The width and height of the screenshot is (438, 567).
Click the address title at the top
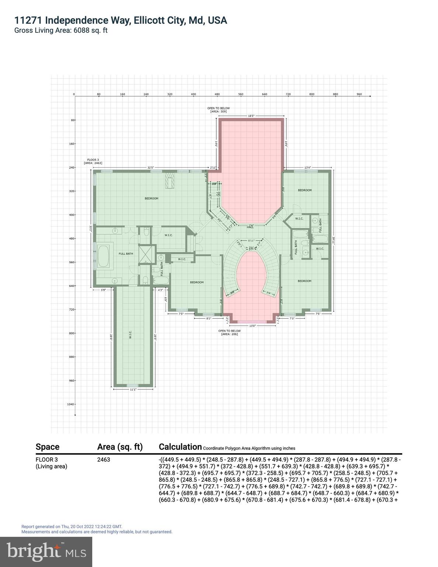pyautogui.click(x=121, y=20)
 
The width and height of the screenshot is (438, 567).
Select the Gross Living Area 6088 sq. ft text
pyautogui.click(x=61, y=31)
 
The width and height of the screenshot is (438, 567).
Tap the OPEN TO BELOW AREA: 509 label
pyautogui.click(x=218, y=110)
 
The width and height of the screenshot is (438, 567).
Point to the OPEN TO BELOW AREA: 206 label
pyautogui.click(x=229, y=332)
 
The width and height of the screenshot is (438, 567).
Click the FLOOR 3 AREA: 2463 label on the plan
pyautogui.click(x=93, y=161)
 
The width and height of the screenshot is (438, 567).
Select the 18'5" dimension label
pyautogui.click(x=251, y=116)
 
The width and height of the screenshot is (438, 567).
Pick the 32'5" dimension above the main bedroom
pyautogui.click(x=151, y=168)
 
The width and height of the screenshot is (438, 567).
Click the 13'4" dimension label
pyautogui.click(x=308, y=168)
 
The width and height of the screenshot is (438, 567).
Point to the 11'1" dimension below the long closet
pyautogui.click(x=133, y=389)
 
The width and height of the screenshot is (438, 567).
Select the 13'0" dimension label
pyautogui.click(x=252, y=326)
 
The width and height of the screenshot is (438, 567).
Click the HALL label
pyautogui.click(x=250, y=227)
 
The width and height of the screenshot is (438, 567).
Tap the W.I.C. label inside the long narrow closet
pyautogui.click(x=130, y=335)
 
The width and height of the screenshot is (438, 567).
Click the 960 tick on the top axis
pyautogui.click(x=359, y=94)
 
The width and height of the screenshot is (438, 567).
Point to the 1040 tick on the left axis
pyautogui.click(x=70, y=404)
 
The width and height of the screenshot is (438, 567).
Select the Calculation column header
pyautogui.click(x=180, y=447)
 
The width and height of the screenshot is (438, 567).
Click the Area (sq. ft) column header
pyautogui.click(x=120, y=447)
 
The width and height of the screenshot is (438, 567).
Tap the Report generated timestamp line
pyautogui.click(x=72, y=526)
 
